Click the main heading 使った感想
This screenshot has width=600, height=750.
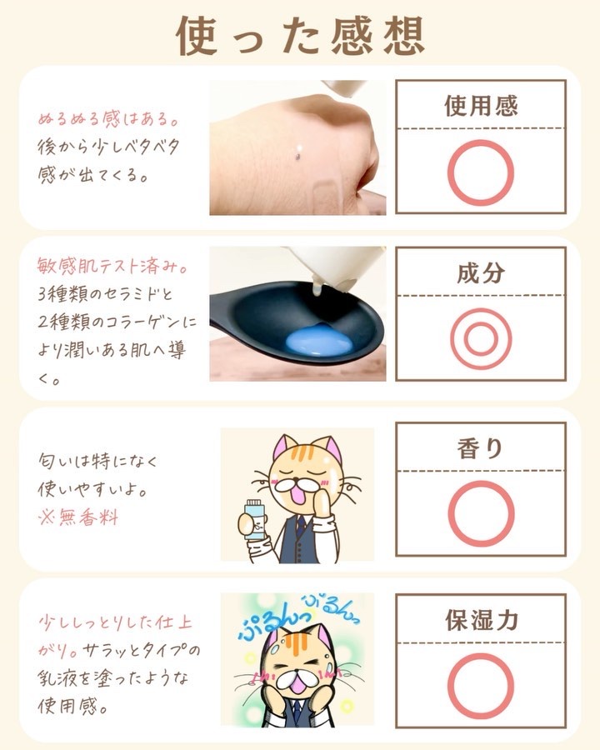pyautogui.click(x=301, y=36)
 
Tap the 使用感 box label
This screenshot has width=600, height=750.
pyautogui.click(x=481, y=106)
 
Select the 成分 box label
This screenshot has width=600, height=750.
pyautogui.click(x=481, y=272)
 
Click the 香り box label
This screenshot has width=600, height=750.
pyautogui.click(x=480, y=448)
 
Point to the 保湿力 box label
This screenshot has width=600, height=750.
pyautogui.click(x=482, y=619)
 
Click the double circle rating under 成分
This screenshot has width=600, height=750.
pyautogui.click(x=451, y=338)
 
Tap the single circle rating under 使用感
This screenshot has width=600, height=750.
pyautogui.click(x=449, y=172)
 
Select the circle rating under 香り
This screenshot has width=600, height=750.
pyautogui.click(x=450, y=513)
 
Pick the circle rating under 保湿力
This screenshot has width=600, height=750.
pyautogui.click(x=449, y=686)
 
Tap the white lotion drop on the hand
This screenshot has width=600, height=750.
pyautogui.click(x=298, y=149)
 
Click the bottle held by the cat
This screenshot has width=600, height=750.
pyautogui.click(x=254, y=519)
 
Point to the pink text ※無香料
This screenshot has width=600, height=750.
pyautogui.click(x=77, y=517)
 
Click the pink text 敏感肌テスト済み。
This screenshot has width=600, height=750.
pyautogui.click(x=112, y=266)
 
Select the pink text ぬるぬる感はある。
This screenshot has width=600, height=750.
pyautogui.click(x=108, y=118)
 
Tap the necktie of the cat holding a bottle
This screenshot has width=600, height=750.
pyautogui.click(x=299, y=526)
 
